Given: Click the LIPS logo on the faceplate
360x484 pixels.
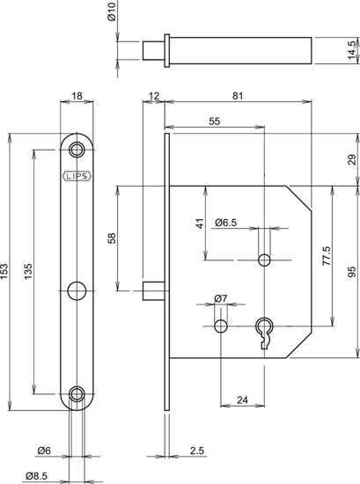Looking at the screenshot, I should [x=78, y=174].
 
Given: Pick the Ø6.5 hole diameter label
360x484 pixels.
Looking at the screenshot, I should [x=227, y=222].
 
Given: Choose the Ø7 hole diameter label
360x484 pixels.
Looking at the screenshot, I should [x=221, y=300].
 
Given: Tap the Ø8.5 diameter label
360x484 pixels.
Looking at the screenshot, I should [x=38, y=476].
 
